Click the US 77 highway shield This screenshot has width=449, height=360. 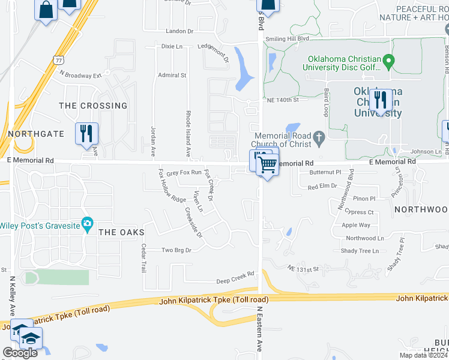click(58, 61)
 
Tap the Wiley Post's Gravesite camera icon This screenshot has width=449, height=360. click(88, 225)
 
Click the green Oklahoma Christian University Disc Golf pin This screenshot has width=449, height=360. click(388, 60)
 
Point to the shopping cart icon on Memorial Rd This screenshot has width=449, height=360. click(268, 164)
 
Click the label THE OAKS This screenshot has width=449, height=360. click(121, 232)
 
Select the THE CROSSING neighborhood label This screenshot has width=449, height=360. click(93, 106)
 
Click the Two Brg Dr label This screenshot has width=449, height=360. click(176, 250)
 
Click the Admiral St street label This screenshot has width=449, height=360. click(172, 75)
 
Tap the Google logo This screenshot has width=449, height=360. click(20, 353)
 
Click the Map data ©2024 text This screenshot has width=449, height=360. click(423, 355)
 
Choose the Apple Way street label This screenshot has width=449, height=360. click(356, 226)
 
